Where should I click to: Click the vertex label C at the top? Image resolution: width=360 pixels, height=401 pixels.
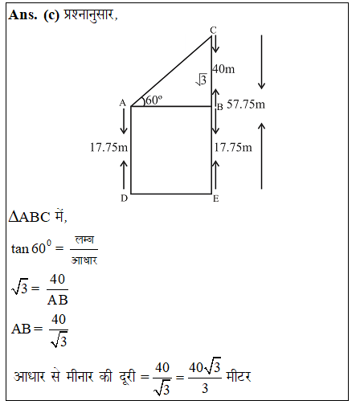(x=213, y=31)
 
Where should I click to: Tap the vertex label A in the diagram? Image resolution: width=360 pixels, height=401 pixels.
(x=122, y=103)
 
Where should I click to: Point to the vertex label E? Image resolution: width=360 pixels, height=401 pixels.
(x=216, y=198)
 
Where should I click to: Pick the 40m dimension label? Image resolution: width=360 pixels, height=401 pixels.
(x=223, y=69)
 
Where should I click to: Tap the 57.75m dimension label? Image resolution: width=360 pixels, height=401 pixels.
(x=247, y=104)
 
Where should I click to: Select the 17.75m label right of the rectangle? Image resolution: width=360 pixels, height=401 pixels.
(x=234, y=147)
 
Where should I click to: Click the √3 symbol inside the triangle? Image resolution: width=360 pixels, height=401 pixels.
(x=202, y=80)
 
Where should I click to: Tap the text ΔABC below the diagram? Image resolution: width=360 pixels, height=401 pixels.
(x=30, y=217)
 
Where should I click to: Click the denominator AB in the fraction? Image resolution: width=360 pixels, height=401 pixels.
(x=57, y=300)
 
